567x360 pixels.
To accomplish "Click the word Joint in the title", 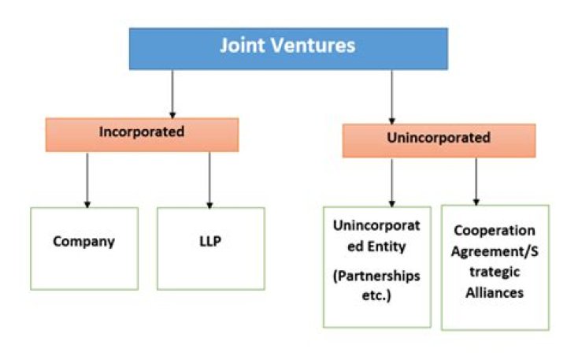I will pyautogui.click(x=243, y=46).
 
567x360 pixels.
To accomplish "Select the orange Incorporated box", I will pyautogui.click(x=141, y=133).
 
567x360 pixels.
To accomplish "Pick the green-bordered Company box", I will pyautogui.click(x=83, y=247).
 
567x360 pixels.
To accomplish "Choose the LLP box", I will pyautogui.click(x=210, y=247).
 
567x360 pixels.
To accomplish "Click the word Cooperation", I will pyautogui.click(x=494, y=231).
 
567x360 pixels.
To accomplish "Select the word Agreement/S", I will pyautogui.click(x=494, y=251).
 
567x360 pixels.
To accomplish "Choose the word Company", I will pyautogui.click(x=83, y=241).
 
